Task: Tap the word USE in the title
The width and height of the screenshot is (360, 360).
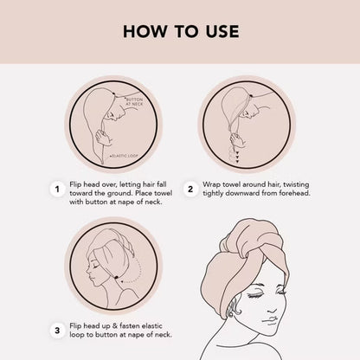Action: pyautogui.click(x=222, y=31)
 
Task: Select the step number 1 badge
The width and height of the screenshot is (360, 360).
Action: pyautogui.click(x=57, y=190)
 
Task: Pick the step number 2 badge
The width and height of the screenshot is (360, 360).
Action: pyautogui.click(x=190, y=190)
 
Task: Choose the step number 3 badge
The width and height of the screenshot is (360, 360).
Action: pyautogui.click(x=57, y=331)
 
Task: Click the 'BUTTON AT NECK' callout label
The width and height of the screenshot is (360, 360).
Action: pyautogui.click(x=134, y=101)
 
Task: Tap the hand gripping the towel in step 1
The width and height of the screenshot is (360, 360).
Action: pyautogui.click(x=104, y=138)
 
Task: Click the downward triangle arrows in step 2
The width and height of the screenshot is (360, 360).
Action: pyautogui.click(x=237, y=156)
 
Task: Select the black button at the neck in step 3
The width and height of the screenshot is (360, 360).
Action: pyautogui.click(x=116, y=278)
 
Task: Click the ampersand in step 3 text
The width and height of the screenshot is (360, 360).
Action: pyautogui.click(x=114, y=326)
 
